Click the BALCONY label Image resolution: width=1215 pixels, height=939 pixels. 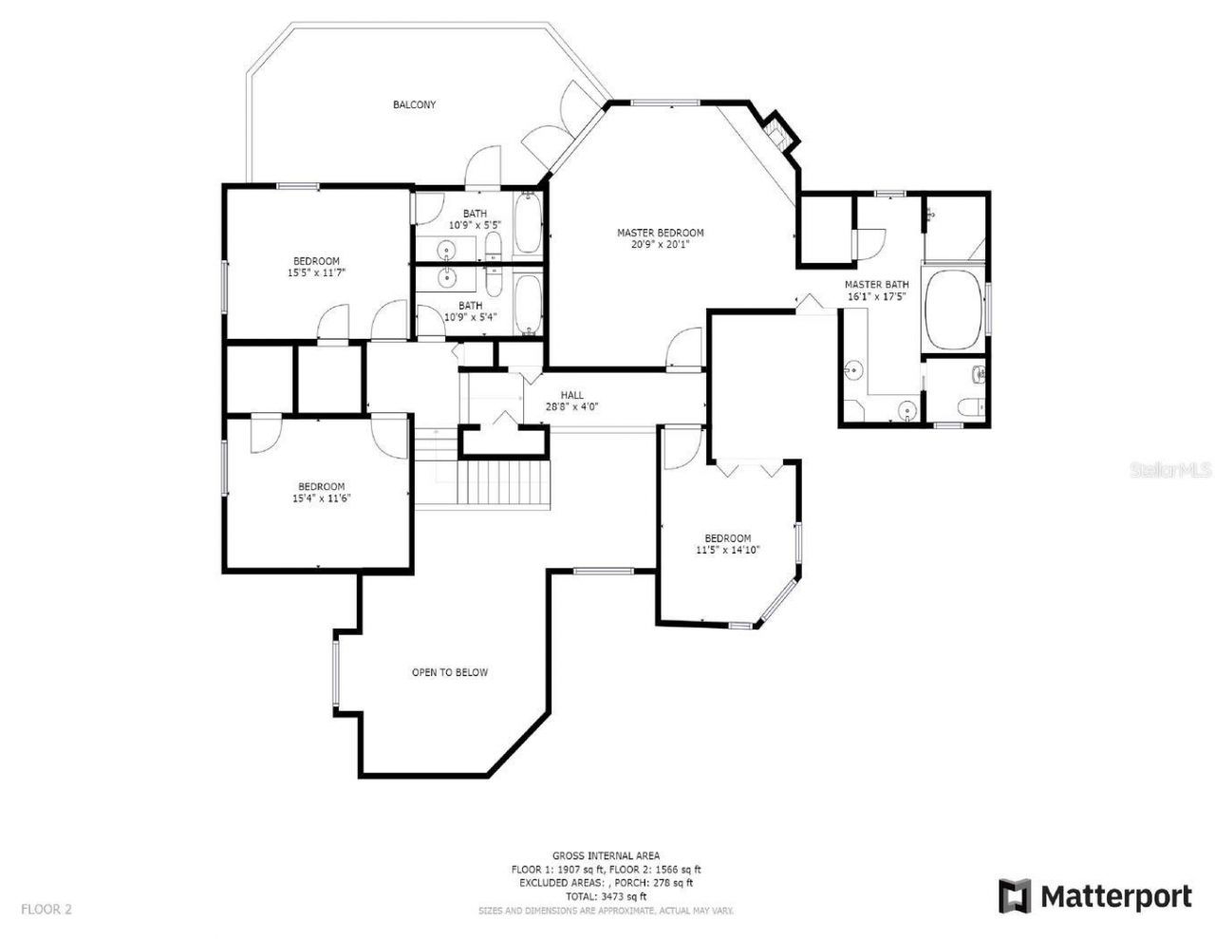pyautogui.click(x=415, y=104)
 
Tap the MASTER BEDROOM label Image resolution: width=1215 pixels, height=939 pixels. pyautogui.click(x=660, y=233)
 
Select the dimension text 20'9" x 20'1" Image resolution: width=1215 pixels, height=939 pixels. pyautogui.click(x=660, y=244)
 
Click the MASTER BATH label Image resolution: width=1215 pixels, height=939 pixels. pyautogui.click(x=876, y=285)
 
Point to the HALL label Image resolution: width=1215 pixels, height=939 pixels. pyautogui.click(x=571, y=395)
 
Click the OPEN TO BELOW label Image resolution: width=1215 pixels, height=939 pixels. pyautogui.click(x=449, y=672)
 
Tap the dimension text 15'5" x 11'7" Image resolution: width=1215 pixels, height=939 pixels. pyautogui.click(x=316, y=273)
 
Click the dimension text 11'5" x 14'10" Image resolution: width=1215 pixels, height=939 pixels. pyautogui.click(x=727, y=550)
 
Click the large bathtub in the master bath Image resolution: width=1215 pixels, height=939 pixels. pyautogui.click(x=953, y=310)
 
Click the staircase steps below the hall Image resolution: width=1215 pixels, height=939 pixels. pyautogui.click(x=504, y=484)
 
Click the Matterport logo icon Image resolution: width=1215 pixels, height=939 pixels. pyautogui.click(x=1015, y=895)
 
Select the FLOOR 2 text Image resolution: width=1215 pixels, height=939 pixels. pyautogui.click(x=47, y=909)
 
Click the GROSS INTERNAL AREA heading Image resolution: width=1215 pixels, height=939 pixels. pyautogui.click(x=606, y=855)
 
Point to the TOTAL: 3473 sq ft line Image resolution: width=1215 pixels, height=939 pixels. pyautogui.click(x=606, y=895)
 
